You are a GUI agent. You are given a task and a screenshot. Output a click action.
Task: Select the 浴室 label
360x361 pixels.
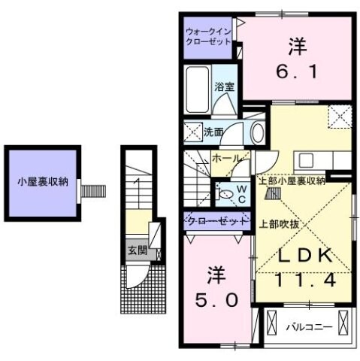(x=224, y=87)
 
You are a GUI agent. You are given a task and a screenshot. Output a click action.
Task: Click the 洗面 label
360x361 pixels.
(x=213, y=132)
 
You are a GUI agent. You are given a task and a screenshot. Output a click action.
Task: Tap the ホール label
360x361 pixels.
(x=225, y=159)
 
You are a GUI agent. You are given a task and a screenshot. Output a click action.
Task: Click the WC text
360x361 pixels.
(x=242, y=193)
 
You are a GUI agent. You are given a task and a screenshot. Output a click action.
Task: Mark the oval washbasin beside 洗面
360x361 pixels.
(x=257, y=132)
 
